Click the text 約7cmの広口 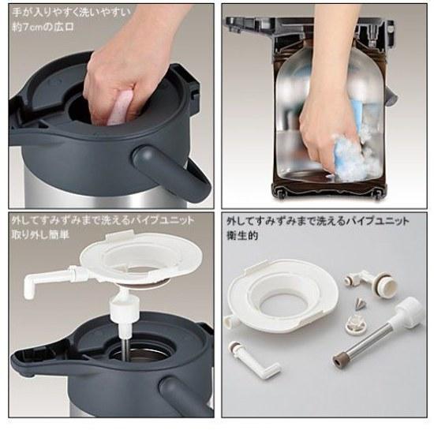coord(43,27)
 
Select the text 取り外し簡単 coord(40,235)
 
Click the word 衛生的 coord(242,235)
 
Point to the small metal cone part coord(360,305)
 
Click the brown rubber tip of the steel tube coord(339,360)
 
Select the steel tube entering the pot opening coord(125,349)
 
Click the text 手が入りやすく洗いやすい coord(71,13)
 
